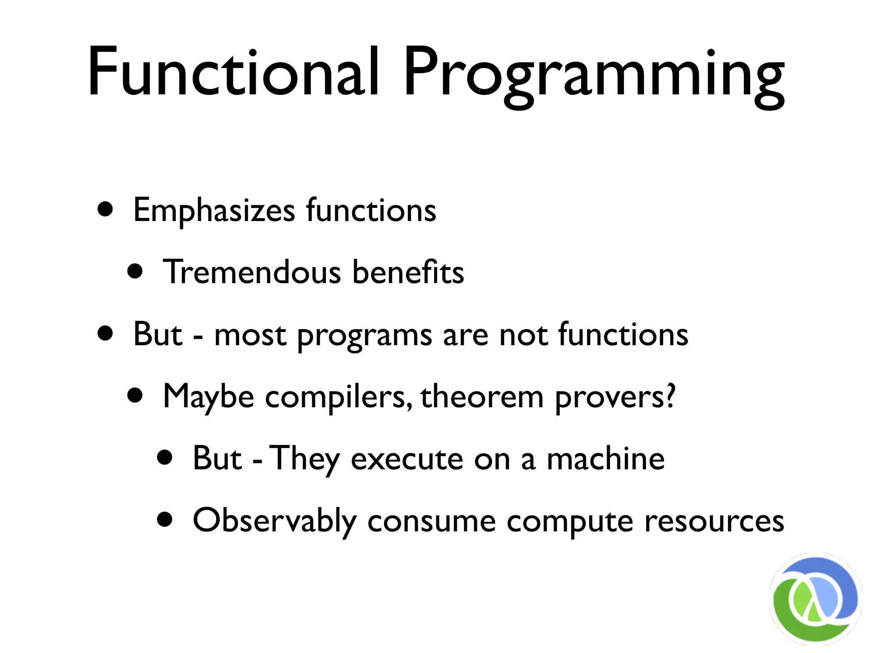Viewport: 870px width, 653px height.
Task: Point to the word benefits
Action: coord(408,272)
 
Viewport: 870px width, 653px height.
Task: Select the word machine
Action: coord(605,459)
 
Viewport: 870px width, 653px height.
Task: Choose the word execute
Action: coord(407,460)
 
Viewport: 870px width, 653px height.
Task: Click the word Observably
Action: coord(274,521)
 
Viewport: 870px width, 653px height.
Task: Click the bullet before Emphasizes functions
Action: coord(105,209)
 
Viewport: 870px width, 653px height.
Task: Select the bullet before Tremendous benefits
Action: coord(135,271)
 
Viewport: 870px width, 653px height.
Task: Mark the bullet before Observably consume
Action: coord(165,519)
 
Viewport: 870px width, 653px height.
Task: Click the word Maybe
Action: coord(208,397)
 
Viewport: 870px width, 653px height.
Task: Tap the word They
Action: coord(305,459)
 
